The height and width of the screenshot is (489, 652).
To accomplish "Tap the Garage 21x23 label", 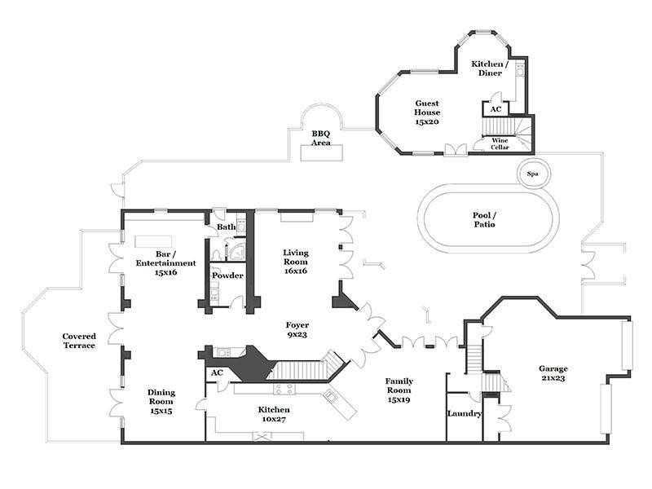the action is pyautogui.click(x=553, y=373).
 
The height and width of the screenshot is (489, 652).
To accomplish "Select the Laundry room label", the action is pyautogui.click(x=465, y=413).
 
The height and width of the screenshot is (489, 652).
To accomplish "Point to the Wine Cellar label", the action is pyautogui.click(x=500, y=144).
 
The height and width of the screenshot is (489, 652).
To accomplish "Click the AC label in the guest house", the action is pyautogui.click(x=496, y=109).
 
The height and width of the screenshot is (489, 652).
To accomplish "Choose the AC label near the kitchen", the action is pyautogui.click(x=217, y=372).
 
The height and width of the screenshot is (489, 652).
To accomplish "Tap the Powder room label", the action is pyautogui.click(x=227, y=275).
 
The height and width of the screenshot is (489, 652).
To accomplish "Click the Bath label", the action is pyautogui.click(x=226, y=227).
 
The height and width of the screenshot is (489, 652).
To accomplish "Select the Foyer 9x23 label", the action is pyautogui.click(x=297, y=329).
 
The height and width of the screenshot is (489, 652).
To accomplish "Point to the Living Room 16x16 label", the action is pyautogui.click(x=296, y=261).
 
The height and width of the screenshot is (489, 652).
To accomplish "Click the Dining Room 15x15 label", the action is pyautogui.click(x=161, y=401).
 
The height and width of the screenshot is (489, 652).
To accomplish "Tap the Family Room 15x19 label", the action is pyautogui.click(x=399, y=390).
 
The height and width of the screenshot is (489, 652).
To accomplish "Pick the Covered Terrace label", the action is pyautogui.click(x=79, y=341).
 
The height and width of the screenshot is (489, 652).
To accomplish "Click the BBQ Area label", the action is pyautogui.click(x=321, y=138).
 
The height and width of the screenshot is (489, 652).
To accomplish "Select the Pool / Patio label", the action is pyautogui.click(x=484, y=219).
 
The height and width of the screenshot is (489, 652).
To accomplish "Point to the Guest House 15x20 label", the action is pyautogui.click(x=426, y=112).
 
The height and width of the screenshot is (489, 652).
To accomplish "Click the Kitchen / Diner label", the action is pyautogui.click(x=490, y=68).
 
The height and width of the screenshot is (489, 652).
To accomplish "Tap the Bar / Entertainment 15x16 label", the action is pyautogui.click(x=165, y=262).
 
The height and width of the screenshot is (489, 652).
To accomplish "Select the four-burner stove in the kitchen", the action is pyautogui.click(x=284, y=389).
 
